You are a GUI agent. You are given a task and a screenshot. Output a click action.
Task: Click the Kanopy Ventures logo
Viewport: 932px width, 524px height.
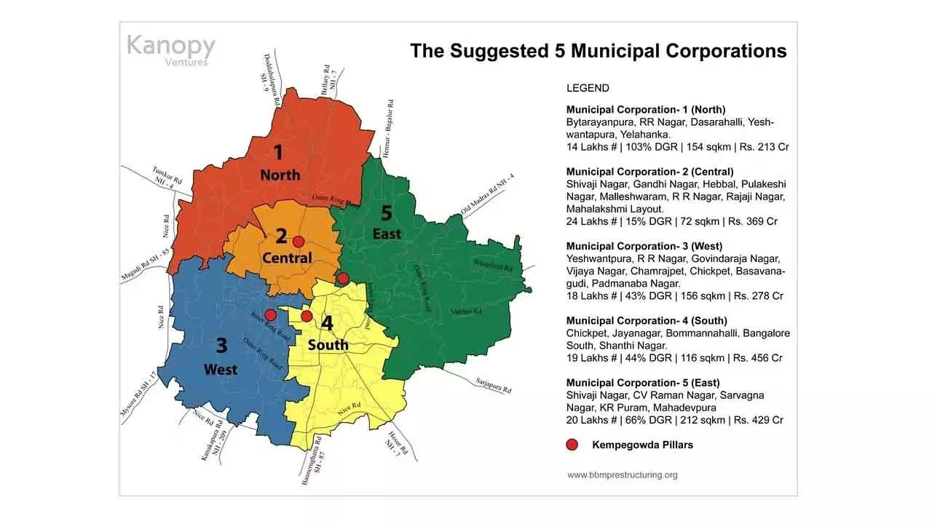(x=171, y=49)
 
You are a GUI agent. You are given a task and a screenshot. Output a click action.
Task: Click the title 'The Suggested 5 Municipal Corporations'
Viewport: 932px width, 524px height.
(x=598, y=51)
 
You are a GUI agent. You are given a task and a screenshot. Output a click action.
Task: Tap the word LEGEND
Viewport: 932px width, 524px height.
(x=588, y=88)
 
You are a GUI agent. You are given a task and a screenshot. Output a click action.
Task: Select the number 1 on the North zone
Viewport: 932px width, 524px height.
(x=277, y=152)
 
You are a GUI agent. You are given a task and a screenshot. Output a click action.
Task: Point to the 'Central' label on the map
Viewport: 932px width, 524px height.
(x=287, y=258)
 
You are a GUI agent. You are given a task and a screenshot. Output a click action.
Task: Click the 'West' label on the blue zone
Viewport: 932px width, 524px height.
(x=221, y=370)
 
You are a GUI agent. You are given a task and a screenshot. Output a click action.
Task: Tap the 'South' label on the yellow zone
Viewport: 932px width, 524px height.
(x=328, y=344)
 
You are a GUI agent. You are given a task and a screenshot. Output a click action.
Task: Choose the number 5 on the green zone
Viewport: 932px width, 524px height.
(x=386, y=213)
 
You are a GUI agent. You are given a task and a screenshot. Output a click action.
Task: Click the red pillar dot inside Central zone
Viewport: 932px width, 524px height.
(x=299, y=241)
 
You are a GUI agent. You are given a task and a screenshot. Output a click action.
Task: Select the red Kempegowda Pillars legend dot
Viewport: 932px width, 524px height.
(x=572, y=445)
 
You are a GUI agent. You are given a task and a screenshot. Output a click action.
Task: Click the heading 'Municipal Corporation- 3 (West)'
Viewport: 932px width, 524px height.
(x=644, y=246)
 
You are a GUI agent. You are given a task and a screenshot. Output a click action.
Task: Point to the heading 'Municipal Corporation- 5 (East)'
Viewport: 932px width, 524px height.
(x=643, y=383)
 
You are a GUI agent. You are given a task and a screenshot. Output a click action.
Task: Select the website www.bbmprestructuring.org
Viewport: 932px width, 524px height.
(x=623, y=475)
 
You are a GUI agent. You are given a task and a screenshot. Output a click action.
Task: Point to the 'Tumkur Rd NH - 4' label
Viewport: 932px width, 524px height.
(x=162, y=178)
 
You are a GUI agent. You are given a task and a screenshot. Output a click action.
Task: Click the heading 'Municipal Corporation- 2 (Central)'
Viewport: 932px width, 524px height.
(x=650, y=172)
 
